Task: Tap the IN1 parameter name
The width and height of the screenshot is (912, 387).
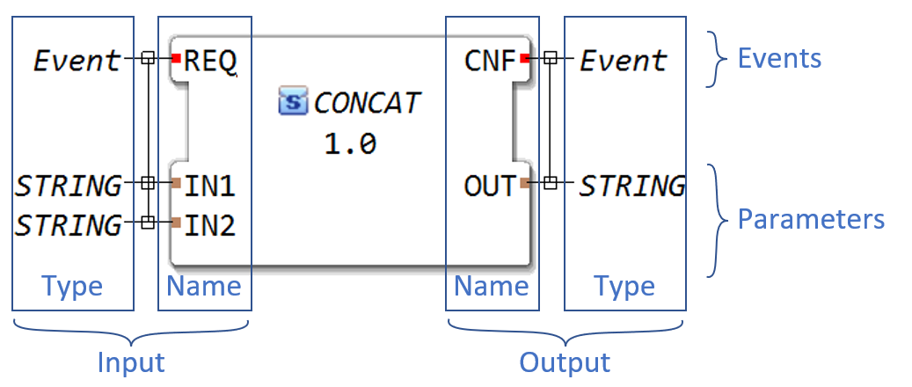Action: click(x=209, y=186)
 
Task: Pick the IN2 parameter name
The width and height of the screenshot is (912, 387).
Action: click(x=209, y=225)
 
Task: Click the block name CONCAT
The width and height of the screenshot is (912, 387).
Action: click(x=367, y=102)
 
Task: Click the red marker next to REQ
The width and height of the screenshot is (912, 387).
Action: click(x=176, y=59)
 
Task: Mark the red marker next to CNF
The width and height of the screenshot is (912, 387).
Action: click(x=524, y=59)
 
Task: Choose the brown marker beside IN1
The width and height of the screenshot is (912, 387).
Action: click(x=176, y=183)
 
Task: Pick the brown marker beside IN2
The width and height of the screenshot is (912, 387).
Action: click(x=176, y=223)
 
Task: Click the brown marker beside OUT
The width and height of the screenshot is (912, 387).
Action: click(x=524, y=183)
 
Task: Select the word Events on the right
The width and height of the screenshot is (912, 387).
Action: click(x=779, y=59)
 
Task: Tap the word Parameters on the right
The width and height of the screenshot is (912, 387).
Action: click(x=811, y=219)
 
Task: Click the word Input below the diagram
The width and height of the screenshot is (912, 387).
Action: click(x=131, y=362)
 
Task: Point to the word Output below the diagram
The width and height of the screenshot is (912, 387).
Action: click(x=565, y=362)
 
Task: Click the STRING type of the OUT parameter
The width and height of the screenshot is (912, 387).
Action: click(x=631, y=186)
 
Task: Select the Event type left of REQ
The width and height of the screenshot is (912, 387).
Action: click(x=77, y=62)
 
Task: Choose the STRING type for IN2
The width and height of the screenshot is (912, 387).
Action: click(x=69, y=225)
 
